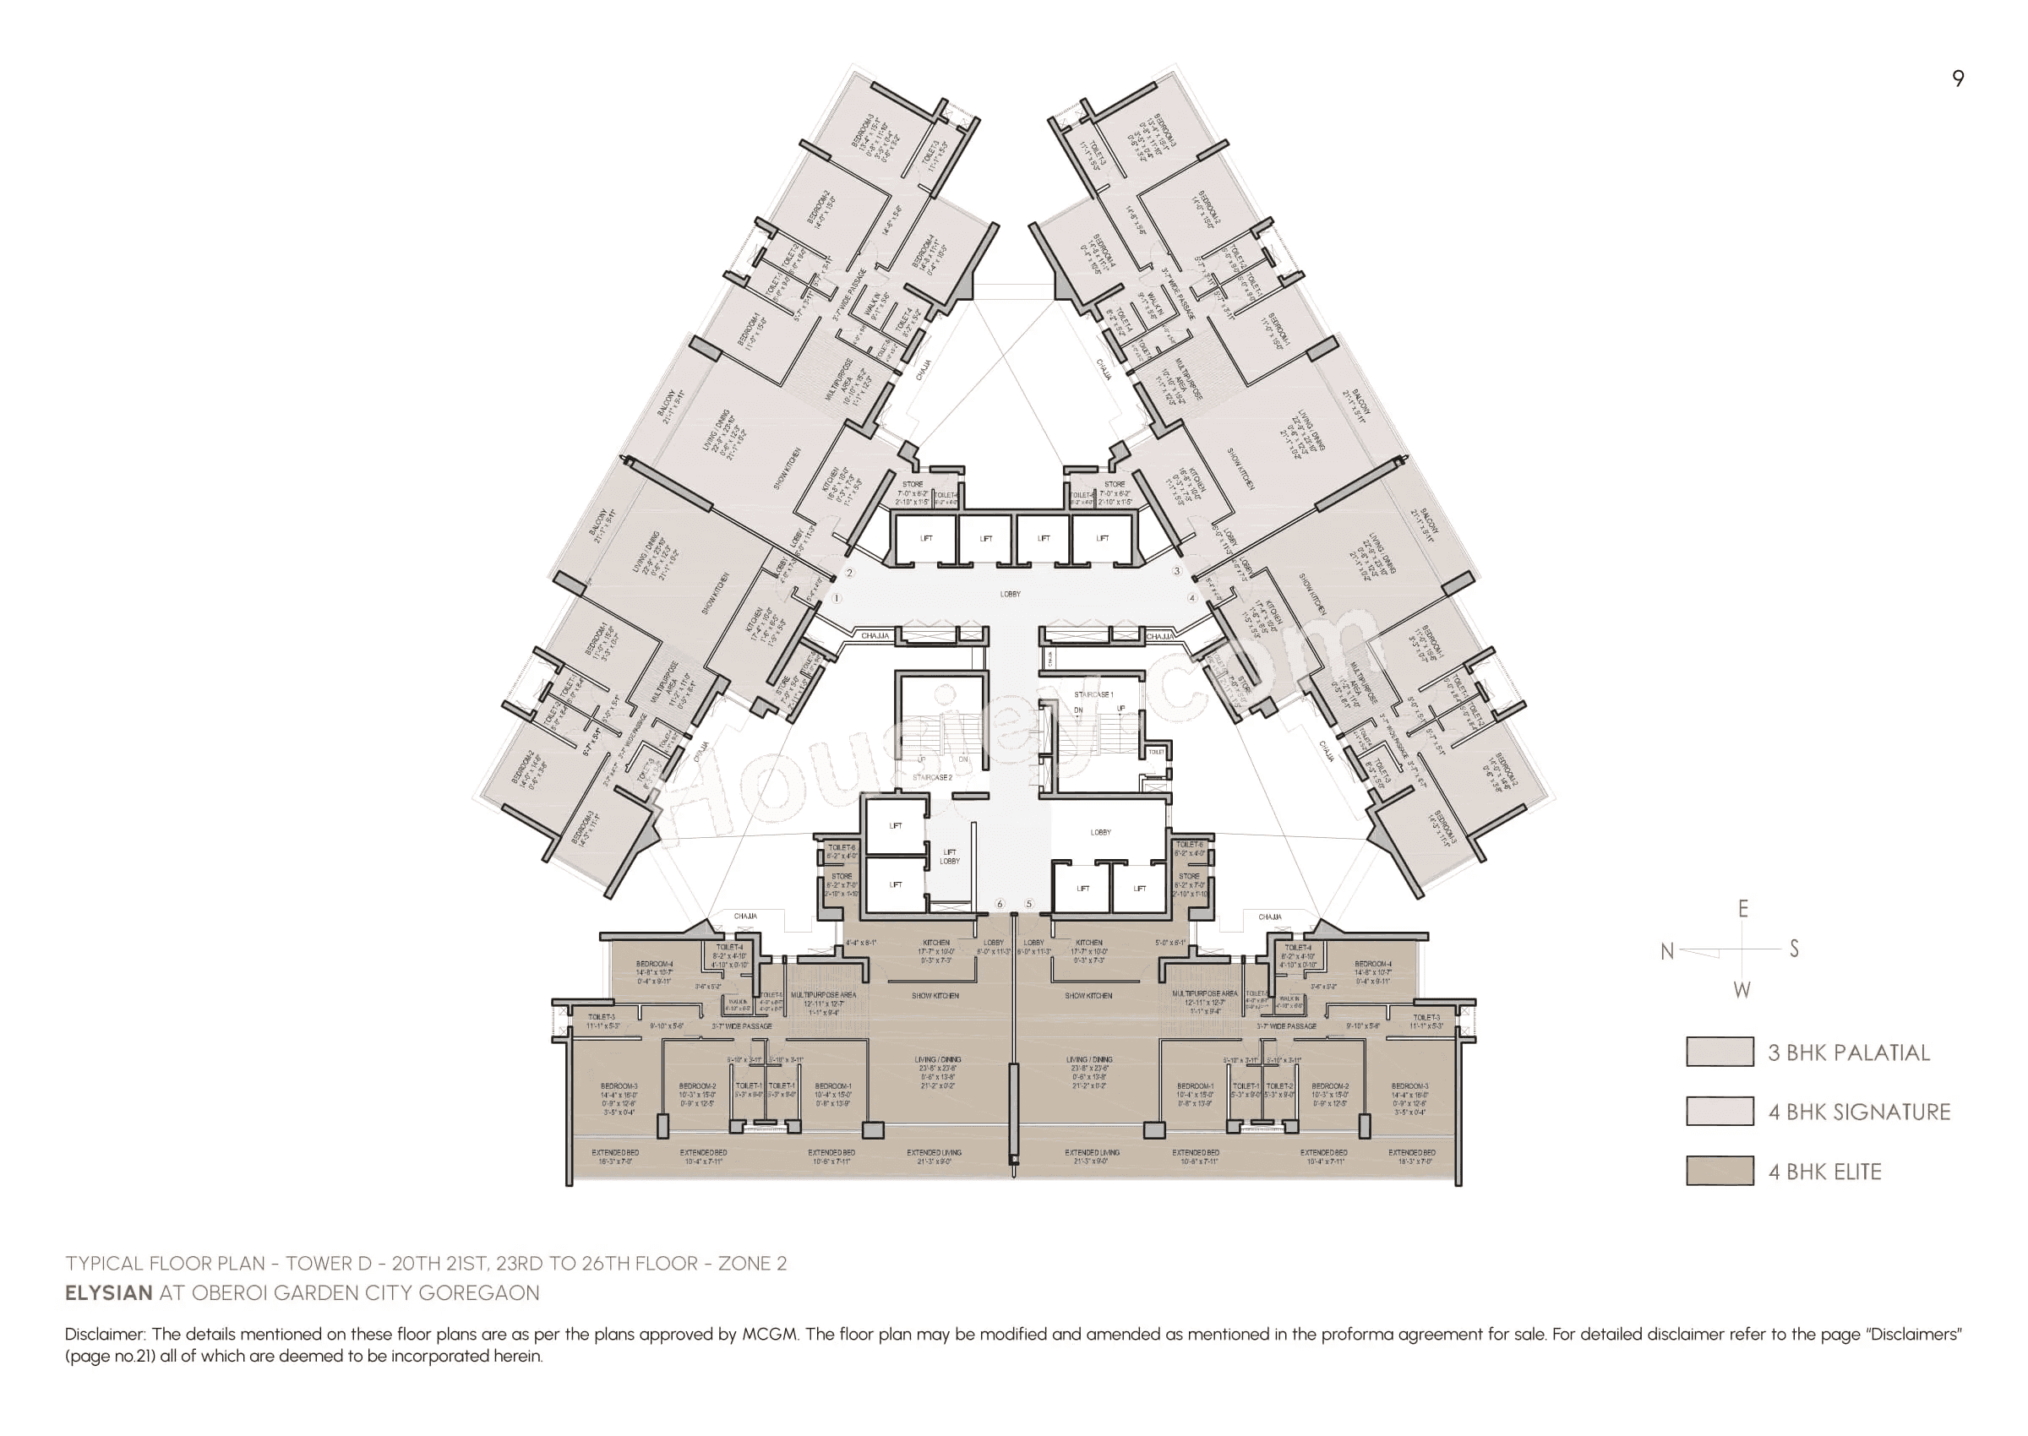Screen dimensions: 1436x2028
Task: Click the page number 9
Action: (x=1957, y=79)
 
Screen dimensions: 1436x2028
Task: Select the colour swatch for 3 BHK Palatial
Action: (x=1719, y=1053)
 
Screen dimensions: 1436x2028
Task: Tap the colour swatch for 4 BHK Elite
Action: (x=1719, y=1171)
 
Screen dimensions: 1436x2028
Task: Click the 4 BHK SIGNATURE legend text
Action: (x=1859, y=1112)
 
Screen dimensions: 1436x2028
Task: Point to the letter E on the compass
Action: (x=1742, y=909)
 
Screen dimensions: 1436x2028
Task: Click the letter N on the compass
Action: (x=1666, y=951)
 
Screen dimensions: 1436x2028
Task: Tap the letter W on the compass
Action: (x=1742, y=990)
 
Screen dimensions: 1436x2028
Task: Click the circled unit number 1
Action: (x=837, y=599)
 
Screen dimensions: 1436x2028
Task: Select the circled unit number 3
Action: (x=1176, y=571)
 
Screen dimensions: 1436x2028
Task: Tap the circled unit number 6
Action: (x=1000, y=904)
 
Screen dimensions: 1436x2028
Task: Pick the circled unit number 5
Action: (x=1028, y=904)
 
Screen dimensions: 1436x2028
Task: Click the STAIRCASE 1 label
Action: (x=1093, y=695)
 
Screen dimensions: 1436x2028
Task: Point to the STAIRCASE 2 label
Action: (x=932, y=778)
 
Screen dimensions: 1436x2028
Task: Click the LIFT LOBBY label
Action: (x=949, y=856)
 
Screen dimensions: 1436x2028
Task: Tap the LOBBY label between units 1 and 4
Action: (x=1010, y=594)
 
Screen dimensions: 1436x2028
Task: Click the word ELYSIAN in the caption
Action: (x=109, y=1292)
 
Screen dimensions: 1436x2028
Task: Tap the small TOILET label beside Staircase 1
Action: (x=1156, y=752)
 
